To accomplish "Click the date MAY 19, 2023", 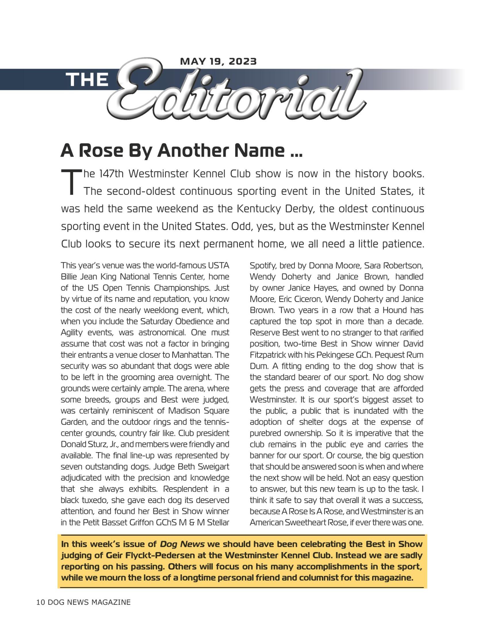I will [218, 62].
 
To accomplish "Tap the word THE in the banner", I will [87, 79].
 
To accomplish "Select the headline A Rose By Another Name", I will [181, 151].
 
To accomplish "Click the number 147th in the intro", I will [111, 174].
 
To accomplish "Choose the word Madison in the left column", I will [185, 411].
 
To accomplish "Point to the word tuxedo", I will [94, 500].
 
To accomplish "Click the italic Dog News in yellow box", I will [182, 544].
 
